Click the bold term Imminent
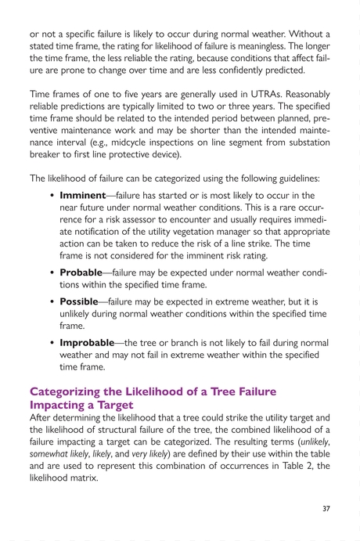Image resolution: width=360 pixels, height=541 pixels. point(83,195)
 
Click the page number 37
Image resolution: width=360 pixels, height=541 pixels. point(326,509)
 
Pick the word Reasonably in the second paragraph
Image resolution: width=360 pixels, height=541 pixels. point(303,92)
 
